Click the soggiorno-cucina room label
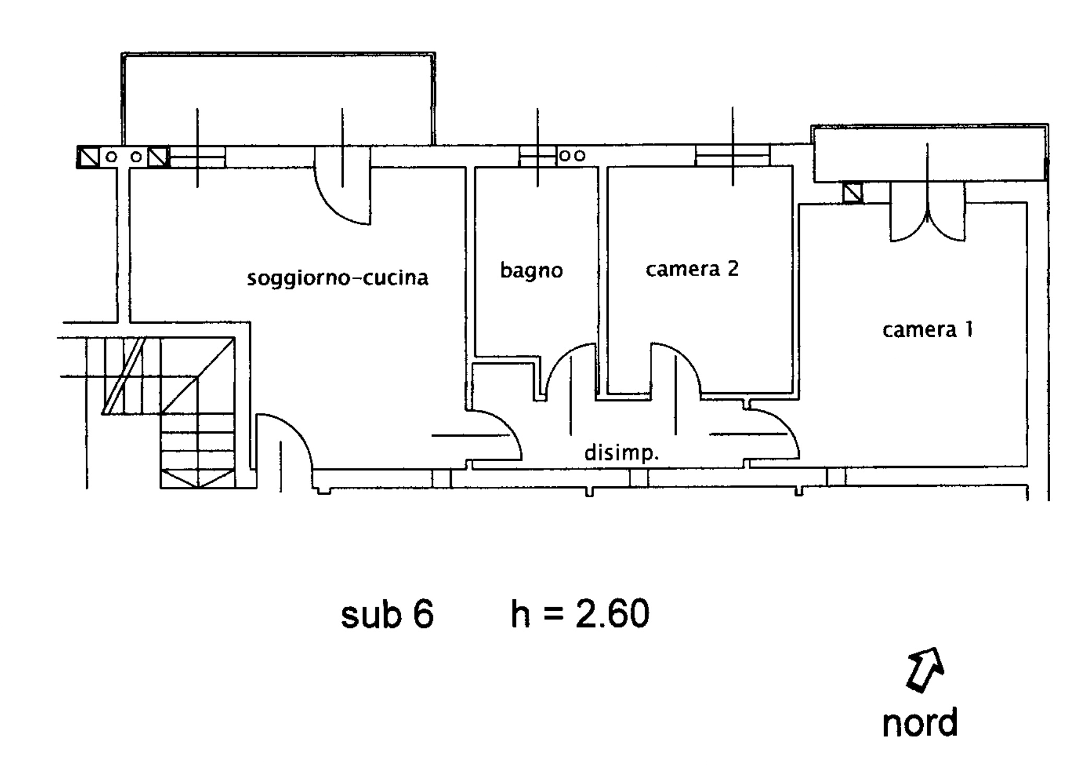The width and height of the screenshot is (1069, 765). click(337, 278)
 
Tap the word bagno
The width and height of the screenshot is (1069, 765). click(531, 271)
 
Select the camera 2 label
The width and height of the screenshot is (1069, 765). click(692, 269)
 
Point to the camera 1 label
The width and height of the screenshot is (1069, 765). click(927, 329)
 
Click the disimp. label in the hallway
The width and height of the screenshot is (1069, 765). click(621, 453)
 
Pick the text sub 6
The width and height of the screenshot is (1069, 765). click(387, 614)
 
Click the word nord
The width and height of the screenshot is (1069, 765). click(920, 723)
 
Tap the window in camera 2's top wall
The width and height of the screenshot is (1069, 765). click(732, 156)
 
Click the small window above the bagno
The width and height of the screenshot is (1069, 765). click(537, 156)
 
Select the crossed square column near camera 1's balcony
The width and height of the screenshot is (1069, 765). click(853, 193)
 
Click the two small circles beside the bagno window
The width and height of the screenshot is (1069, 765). click(573, 156)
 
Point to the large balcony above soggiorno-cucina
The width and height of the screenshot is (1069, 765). click(278, 99)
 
